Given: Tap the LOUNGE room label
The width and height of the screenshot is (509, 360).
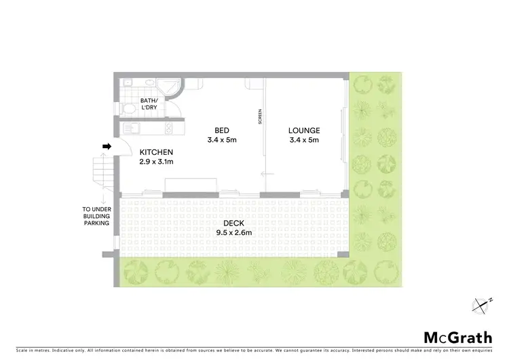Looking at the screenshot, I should (303, 130).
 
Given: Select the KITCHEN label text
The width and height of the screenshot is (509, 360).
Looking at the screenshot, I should (156, 152).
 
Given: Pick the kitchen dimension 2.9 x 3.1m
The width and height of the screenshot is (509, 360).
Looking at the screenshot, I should (157, 162).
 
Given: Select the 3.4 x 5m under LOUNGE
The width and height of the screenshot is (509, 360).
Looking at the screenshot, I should (303, 140).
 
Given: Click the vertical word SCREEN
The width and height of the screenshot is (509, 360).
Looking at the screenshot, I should (260, 117).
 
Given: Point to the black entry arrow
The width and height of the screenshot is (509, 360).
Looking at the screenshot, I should (107, 146).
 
